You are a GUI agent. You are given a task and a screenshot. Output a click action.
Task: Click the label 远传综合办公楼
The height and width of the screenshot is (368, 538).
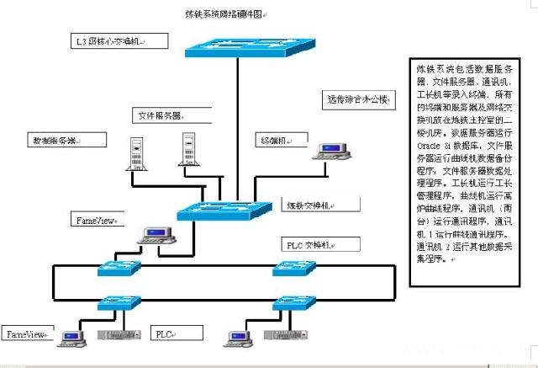356,100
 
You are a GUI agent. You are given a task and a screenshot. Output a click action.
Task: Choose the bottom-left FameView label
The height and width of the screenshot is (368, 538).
24,334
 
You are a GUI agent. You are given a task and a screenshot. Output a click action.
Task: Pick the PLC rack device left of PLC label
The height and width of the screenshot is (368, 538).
115,336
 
